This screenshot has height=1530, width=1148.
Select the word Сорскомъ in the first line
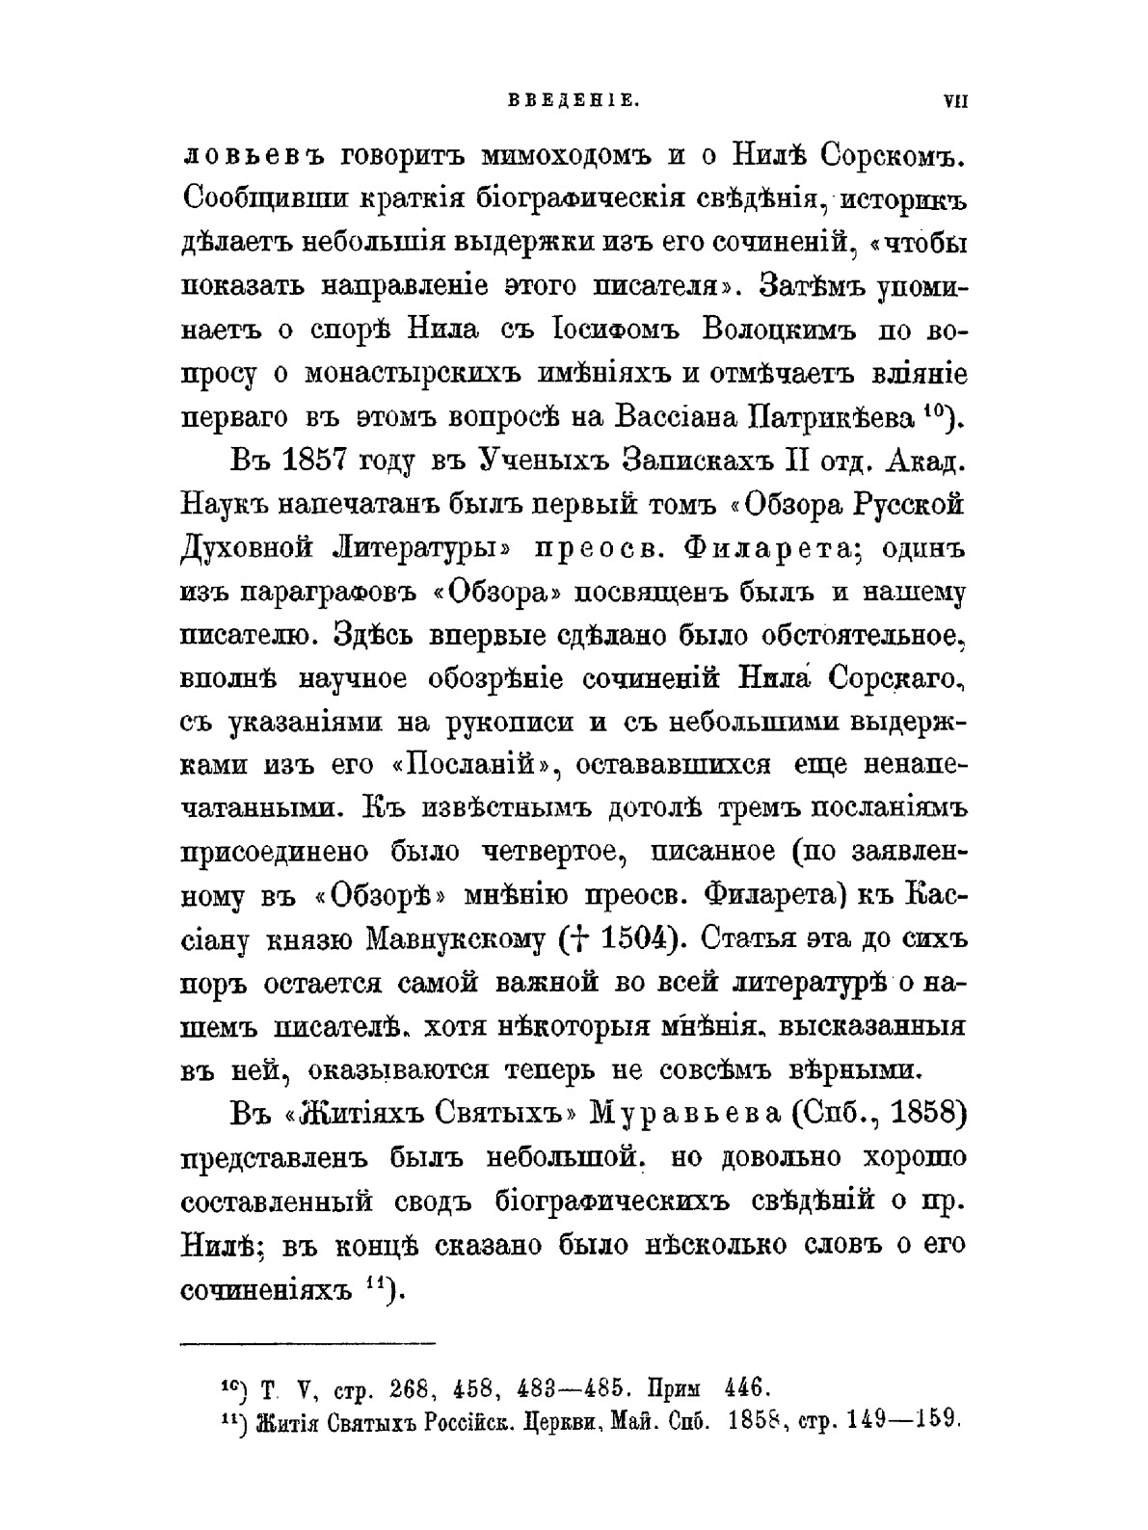[876, 154]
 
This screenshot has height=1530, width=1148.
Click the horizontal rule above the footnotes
[308, 1342]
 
